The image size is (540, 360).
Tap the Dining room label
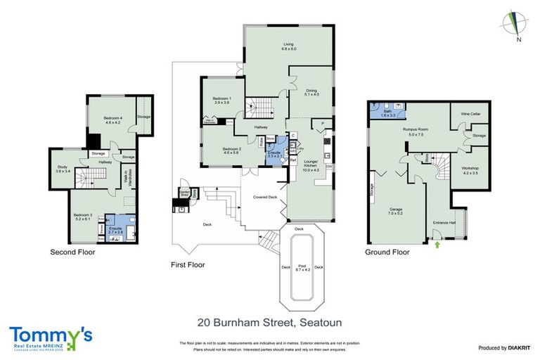click(311, 91)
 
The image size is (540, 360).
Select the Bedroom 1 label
click(222, 101)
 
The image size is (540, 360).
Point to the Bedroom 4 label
click(112, 119)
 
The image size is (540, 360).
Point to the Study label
click(62, 168)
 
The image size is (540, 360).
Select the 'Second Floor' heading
click(72, 251)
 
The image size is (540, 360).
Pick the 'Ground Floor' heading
click(387, 251)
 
